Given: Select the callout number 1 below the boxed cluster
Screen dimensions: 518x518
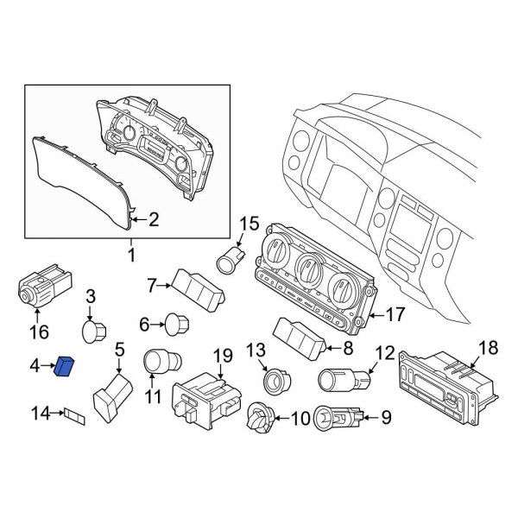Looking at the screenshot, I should click(131, 255).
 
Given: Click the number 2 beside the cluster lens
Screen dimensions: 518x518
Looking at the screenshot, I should click(153, 220).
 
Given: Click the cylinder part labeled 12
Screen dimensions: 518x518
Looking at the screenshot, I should click(344, 378).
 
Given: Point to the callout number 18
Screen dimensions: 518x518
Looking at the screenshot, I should click(489, 348).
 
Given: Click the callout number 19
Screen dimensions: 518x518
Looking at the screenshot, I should click(223, 355).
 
